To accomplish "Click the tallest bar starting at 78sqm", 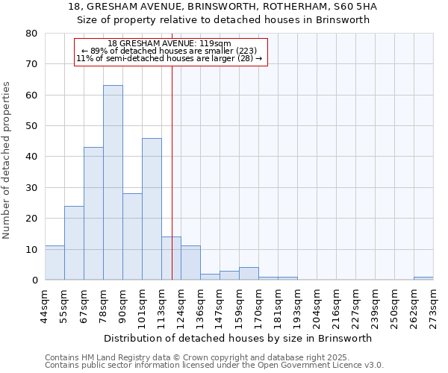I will pos(113,183).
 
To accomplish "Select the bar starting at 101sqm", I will pos(152,209).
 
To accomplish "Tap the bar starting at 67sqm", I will pos(93,213).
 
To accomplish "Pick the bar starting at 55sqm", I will pos(74,242).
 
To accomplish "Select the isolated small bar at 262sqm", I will pos(423,278).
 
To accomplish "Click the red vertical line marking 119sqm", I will pos(172,172).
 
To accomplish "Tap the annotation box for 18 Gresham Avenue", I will pos(171,51).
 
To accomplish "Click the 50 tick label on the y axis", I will pos(31,126).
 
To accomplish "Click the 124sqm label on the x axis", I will pos(181,304).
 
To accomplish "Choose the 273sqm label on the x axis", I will pos(433,304).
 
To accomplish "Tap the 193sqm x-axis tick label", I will pos(297,304).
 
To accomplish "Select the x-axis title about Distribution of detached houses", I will pos(239,338).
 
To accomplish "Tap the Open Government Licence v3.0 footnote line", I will pos(214,365).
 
